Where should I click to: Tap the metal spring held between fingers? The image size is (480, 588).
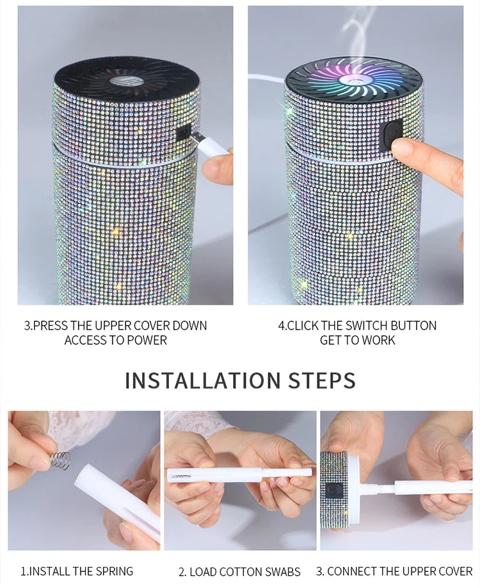click(x=60, y=459)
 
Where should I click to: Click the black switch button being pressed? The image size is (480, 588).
click(x=390, y=135)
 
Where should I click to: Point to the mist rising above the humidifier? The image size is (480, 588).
click(x=358, y=29)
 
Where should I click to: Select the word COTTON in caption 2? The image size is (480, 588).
click(x=241, y=571)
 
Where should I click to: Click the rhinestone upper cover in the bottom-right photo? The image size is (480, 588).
click(x=333, y=489)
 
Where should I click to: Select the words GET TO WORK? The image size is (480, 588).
click(x=357, y=340)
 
